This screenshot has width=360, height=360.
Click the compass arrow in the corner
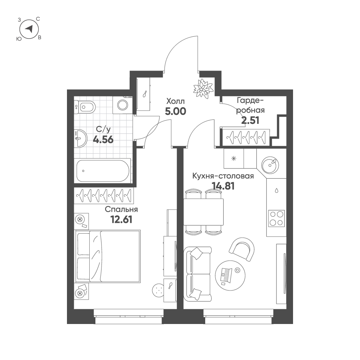(x=29, y=29)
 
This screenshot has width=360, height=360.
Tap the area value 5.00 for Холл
(x=175, y=111)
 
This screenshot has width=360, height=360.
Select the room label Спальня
(x=121, y=210)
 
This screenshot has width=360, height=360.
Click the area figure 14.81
(x=224, y=186)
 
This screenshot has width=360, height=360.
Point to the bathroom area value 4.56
(x=103, y=139)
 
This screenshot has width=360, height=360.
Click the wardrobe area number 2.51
(x=250, y=120)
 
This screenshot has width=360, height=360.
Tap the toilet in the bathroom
(x=85, y=107)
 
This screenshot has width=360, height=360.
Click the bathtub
(x=103, y=171)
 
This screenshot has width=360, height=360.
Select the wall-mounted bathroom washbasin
(x=80, y=138)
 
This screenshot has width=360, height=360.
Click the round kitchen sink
(x=270, y=165)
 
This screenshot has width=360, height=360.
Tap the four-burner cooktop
(x=276, y=219)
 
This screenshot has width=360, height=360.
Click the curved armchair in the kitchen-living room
(x=242, y=249)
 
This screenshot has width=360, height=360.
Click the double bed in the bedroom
(x=108, y=256)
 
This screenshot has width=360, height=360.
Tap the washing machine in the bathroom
(x=123, y=105)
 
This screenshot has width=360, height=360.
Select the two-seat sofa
(x=197, y=274)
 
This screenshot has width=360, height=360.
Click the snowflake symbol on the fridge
(x=234, y=158)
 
